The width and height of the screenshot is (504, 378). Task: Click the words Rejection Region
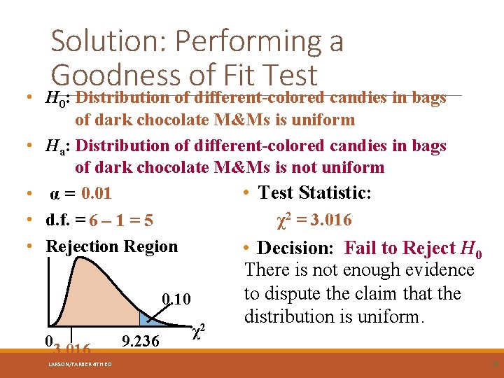pos(111,246)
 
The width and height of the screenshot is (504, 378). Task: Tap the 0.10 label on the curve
pos(176,300)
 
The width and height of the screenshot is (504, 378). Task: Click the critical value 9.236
pos(141,341)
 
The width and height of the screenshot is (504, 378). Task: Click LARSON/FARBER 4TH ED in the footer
pos(80,363)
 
